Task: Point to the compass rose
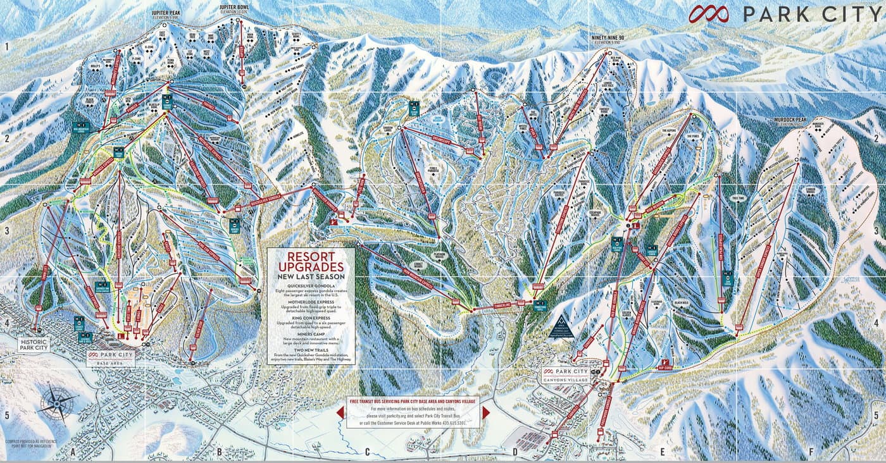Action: [x=56, y=403]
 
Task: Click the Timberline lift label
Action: [x=492, y=307]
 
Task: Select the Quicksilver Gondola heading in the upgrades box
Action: [x=310, y=284]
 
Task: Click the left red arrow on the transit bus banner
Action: [x=340, y=412]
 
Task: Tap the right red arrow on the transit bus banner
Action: [x=486, y=412]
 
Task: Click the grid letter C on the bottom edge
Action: [x=367, y=452]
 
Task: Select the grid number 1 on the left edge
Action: [x=6, y=47]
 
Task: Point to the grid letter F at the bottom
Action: [x=811, y=452]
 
